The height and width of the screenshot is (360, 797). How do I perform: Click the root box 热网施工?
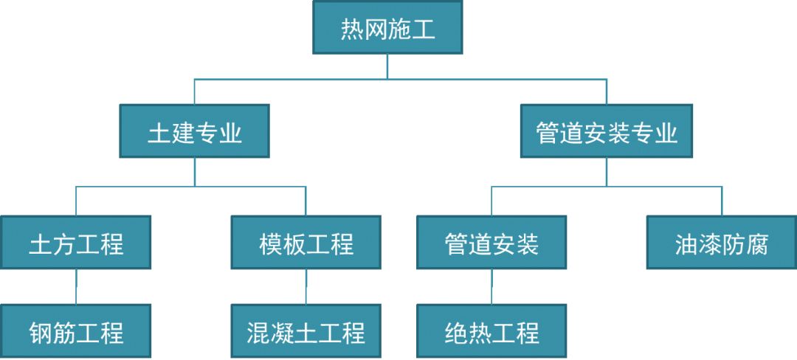pyautogui.click(x=387, y=27)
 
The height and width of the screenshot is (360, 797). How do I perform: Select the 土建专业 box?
pyautogui.click(x=195, y=131)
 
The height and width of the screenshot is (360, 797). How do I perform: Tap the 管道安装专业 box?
pyautogui.click(x=607, y=131)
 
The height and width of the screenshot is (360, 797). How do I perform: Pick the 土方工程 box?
pyautogui.click(x=76, y=242)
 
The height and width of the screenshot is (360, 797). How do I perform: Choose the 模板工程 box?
pyautogui.click(x=306, y=242)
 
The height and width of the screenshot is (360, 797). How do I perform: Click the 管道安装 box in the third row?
pyautogui.click(x=491, y=242)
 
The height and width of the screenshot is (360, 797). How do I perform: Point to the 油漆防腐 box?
pyautogui.click(x=722, y=242)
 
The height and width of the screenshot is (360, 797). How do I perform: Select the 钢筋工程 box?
pyautogui.click(x=76, y=331)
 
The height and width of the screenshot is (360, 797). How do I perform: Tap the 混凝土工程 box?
pyautogui.click(x=306, y=331)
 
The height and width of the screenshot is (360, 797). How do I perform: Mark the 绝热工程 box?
pyautogui.click(x=491, y=331)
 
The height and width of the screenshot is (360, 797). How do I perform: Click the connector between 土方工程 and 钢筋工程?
pyautogui.click(x=76, y=286)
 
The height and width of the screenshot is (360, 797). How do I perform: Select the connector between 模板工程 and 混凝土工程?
pyautogui.click(x=306, y=286)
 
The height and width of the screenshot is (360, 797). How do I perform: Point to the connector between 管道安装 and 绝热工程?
pyautogui.click(x=491, y=286)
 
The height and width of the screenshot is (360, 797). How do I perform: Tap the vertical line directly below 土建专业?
pyautogui.click(x=195, y=172)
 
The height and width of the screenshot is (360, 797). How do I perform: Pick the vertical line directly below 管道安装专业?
pyautogui.click(x=607, y=172)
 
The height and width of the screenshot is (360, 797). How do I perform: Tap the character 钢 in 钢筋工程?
pyautogui.click(x=41, y=333)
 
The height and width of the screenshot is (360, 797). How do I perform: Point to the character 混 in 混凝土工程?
pyautogui.click(x=259, y=333)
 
